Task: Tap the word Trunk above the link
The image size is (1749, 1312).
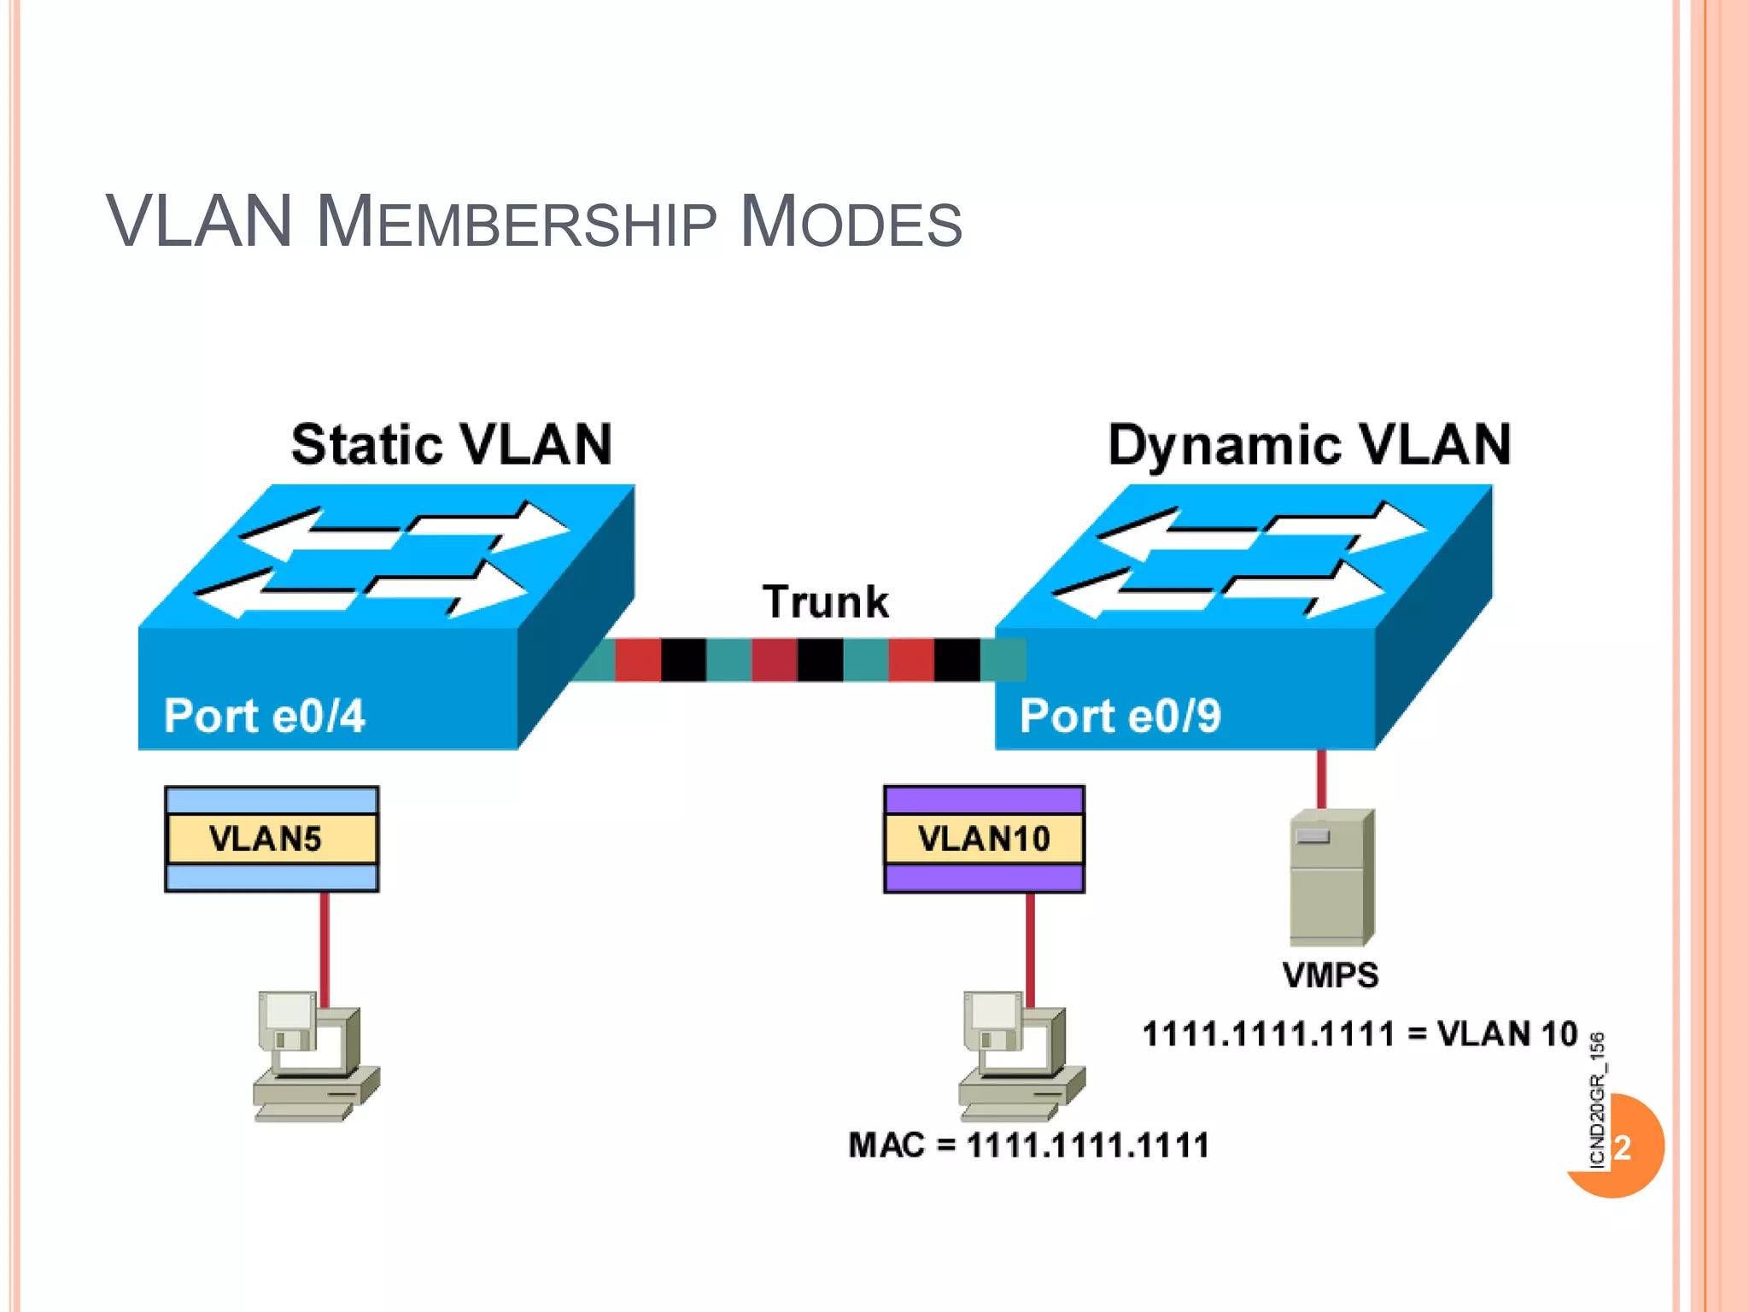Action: pyautogui.click(x=825, y=601)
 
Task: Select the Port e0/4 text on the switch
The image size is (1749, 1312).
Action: pyautogui.click(x=264, y=715)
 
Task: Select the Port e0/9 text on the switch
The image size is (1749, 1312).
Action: pyautogui.click(x=1120, y=715)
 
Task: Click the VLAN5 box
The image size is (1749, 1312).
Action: pyautogui.click(x=272, y=839)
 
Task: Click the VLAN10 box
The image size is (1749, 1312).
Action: pyautogui.click(x=984, y=839)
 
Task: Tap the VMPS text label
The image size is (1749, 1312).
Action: pyautogui.click(x=1330, y=975)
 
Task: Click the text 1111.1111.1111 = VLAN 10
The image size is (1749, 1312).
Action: pyautogui.click(x=1360, y=1034)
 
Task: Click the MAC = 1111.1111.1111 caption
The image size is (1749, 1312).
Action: pyautogui.click(x=1028, y=1145)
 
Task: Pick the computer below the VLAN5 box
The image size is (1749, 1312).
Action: pyautogui.click(x=314, y=1056)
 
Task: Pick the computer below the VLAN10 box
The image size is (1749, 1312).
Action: pyautogui.click(x=1020, y=1056)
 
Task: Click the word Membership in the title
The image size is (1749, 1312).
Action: pyautogui.click(x=516, y=223)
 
